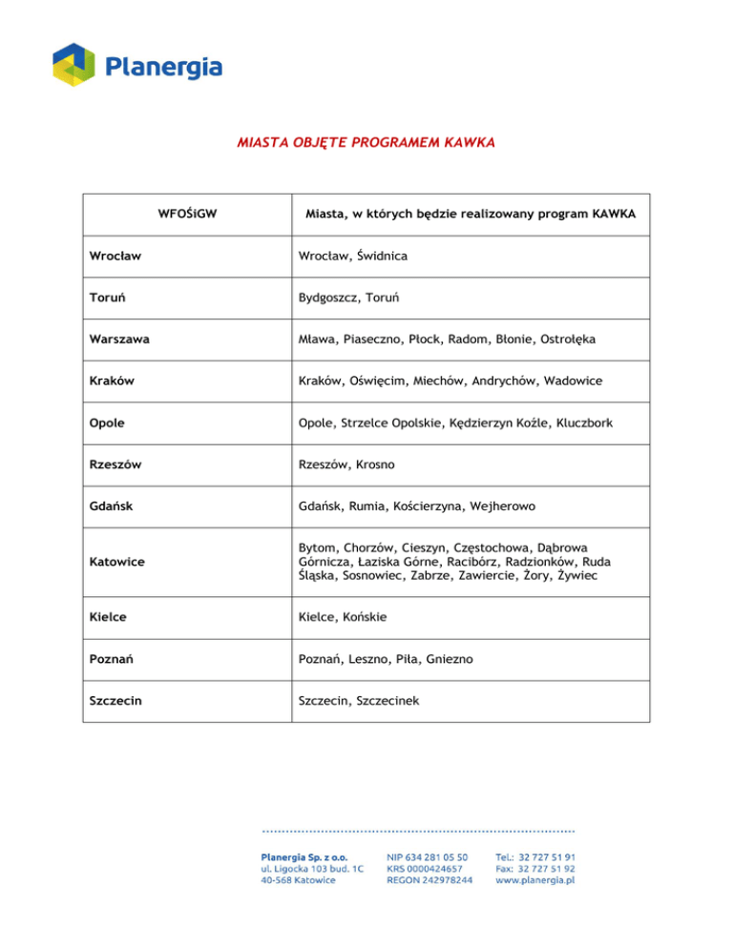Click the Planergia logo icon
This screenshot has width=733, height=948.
click(x=74, y=66)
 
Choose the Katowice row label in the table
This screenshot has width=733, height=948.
click(x=116, y=562)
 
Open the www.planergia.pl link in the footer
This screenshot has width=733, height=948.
click(x=534, y=880)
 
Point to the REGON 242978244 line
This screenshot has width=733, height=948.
click(x=429, y=880)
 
